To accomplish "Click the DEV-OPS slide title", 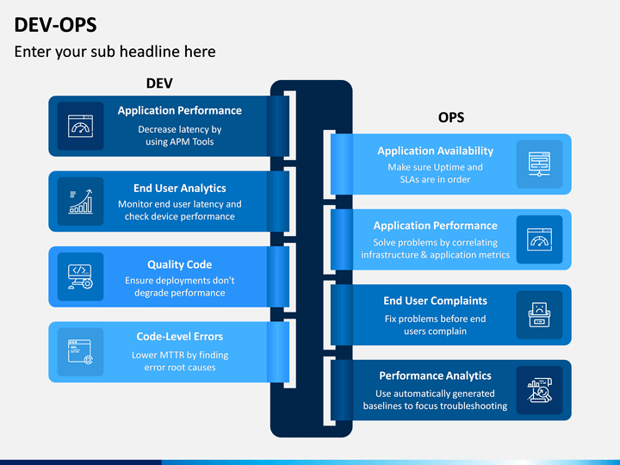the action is (55, 25).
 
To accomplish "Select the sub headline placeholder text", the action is (115, 52).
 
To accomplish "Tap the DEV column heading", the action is (159, 84).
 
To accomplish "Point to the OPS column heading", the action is (451, 117).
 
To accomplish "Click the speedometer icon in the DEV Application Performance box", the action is (81, 126).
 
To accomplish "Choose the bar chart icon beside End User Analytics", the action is (81, 201).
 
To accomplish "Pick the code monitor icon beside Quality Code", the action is (81, 276).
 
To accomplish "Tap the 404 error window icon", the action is (81, 352).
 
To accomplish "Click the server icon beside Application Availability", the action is (539, 164).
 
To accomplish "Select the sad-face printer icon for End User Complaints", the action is (539, 315).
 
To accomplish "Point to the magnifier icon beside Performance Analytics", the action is (539, 390).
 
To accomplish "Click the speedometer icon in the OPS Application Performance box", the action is (539, 239).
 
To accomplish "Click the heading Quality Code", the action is (179, 264).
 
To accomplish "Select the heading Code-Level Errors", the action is (179, 337).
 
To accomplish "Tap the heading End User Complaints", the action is (436, 301).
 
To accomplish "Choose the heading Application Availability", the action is (436, 151).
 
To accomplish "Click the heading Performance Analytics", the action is (436, 375).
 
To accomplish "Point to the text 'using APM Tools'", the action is (179, 141).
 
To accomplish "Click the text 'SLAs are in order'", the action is (435, 179).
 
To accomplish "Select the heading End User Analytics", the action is (179, 189).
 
